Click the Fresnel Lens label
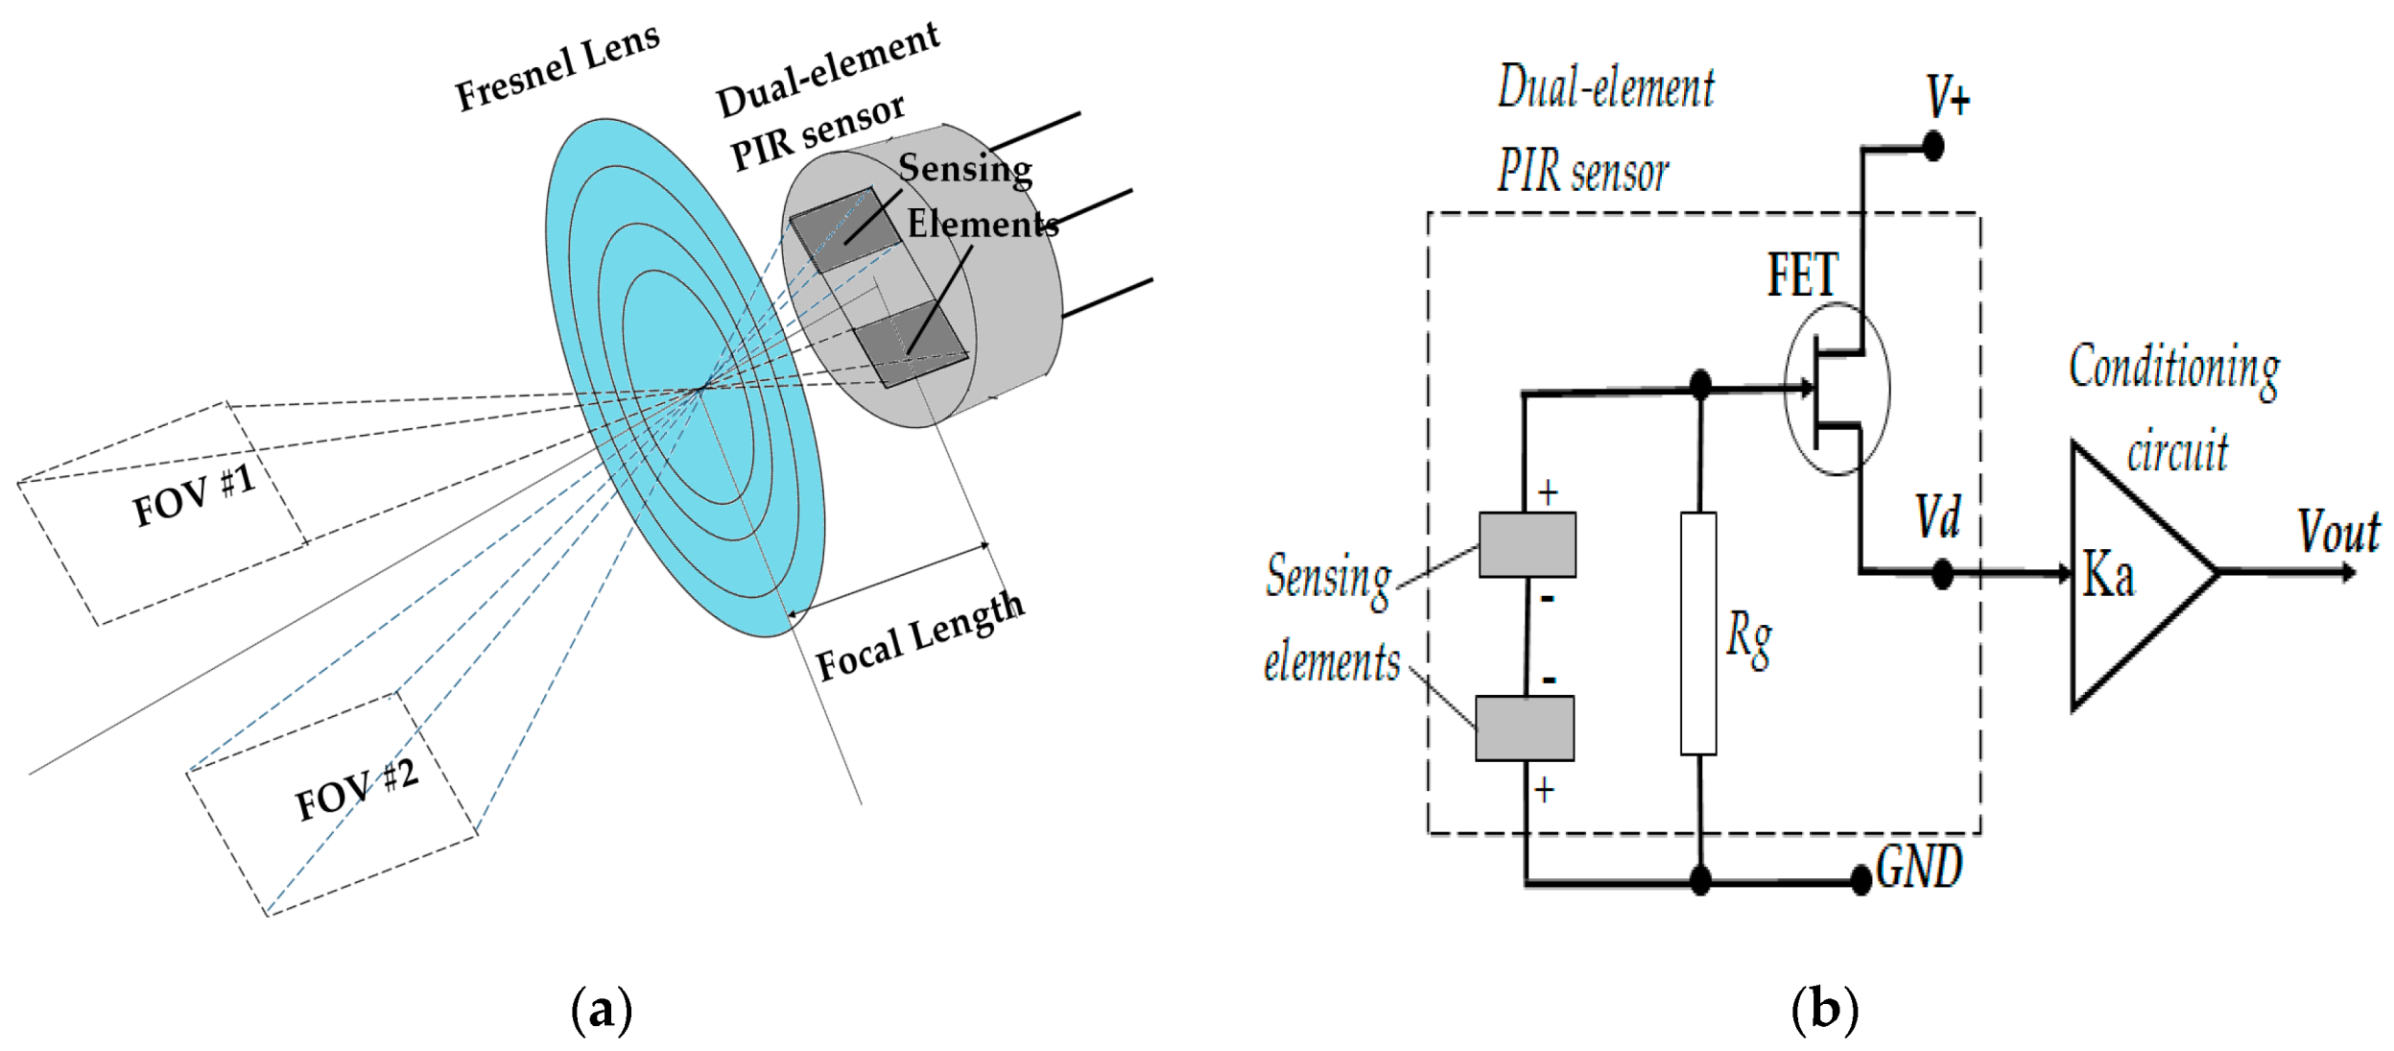point(557,67)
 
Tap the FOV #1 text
point(194,495)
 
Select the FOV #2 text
point(356,790)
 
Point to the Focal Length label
point(919,635)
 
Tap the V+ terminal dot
point(1933,147)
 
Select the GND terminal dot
point(1861,877)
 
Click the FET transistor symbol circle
point(1837,389)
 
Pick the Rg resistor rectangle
point(1698,633)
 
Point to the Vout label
point(2338,531)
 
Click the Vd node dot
point(1942,574)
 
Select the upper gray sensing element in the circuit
point(1527,544)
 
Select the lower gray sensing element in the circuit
point(1524,728)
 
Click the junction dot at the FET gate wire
point(1700,386)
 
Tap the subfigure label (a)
point(602,1009)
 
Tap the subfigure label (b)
point(1824,1009)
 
